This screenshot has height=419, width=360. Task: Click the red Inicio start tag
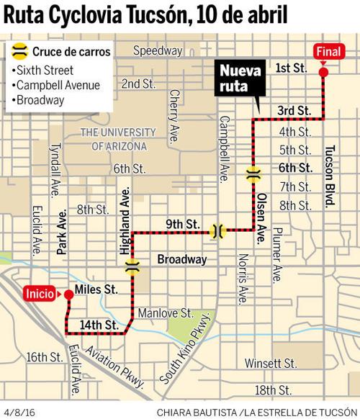coord(39,293)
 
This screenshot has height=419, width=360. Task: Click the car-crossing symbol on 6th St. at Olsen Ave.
coord(253,174)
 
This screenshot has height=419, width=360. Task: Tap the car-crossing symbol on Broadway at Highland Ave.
coord(132,267)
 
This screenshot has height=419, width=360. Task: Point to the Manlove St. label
coord(166,314)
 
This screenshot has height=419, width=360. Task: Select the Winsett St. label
coord(271,362)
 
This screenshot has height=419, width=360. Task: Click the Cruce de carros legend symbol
coord(22,52)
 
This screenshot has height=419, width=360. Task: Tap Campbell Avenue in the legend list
coord(58,85)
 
